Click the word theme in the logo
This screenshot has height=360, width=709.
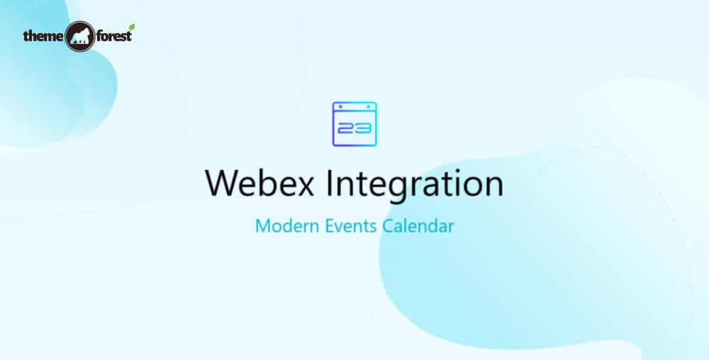42,35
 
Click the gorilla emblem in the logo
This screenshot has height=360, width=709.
79,36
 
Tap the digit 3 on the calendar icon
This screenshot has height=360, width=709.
362,130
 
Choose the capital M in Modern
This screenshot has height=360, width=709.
262,227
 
